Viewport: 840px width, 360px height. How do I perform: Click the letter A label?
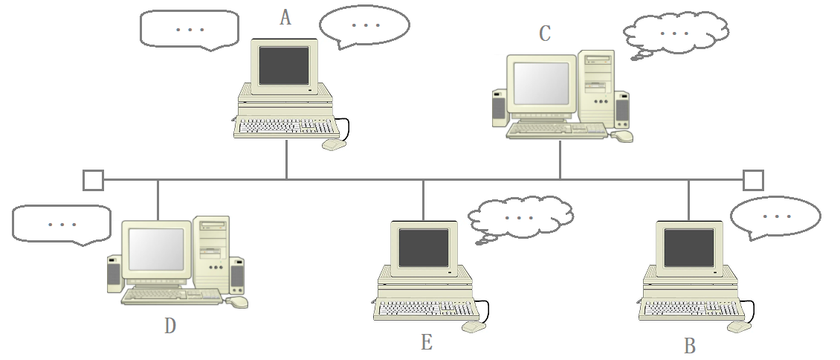pyautogui.click(x=285, y=18)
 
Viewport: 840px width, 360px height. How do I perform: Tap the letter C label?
pyautogui.click(x=545, y=33)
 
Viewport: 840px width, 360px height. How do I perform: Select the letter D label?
pyautogui.click(x=170, y=326)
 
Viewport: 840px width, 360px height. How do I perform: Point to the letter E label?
pyautogui.click(x=426, y=342)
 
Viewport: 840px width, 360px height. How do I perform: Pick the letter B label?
pyautogui.click(x=689, y=346)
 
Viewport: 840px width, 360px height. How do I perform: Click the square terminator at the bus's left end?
pyautogui.click(x=93, y=180)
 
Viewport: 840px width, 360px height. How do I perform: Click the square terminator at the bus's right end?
pyautogui.click(x=753, y=180)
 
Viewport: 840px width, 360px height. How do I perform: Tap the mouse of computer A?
pyautogui.click(x=334, y=144)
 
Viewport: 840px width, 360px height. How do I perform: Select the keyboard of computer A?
pyautogui.click(x=286, y=127)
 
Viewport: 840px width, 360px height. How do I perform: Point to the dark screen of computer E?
pyautogui.click(x=424, y=248)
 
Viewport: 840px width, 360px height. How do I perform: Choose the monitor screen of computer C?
pyautogui.click(x=542, y=83)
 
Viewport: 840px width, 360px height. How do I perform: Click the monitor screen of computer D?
pyautogui.click(x=157, y=249)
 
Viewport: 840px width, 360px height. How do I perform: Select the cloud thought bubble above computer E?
pyautogui.click(x=520, y=216)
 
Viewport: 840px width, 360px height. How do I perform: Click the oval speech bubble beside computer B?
pyautogui.click(x=775, y=216)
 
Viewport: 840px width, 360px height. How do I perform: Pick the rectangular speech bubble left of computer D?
pyautogui.click(x=61, y=224)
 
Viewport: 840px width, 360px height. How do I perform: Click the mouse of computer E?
pyautogui.click(x=474, y=327)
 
